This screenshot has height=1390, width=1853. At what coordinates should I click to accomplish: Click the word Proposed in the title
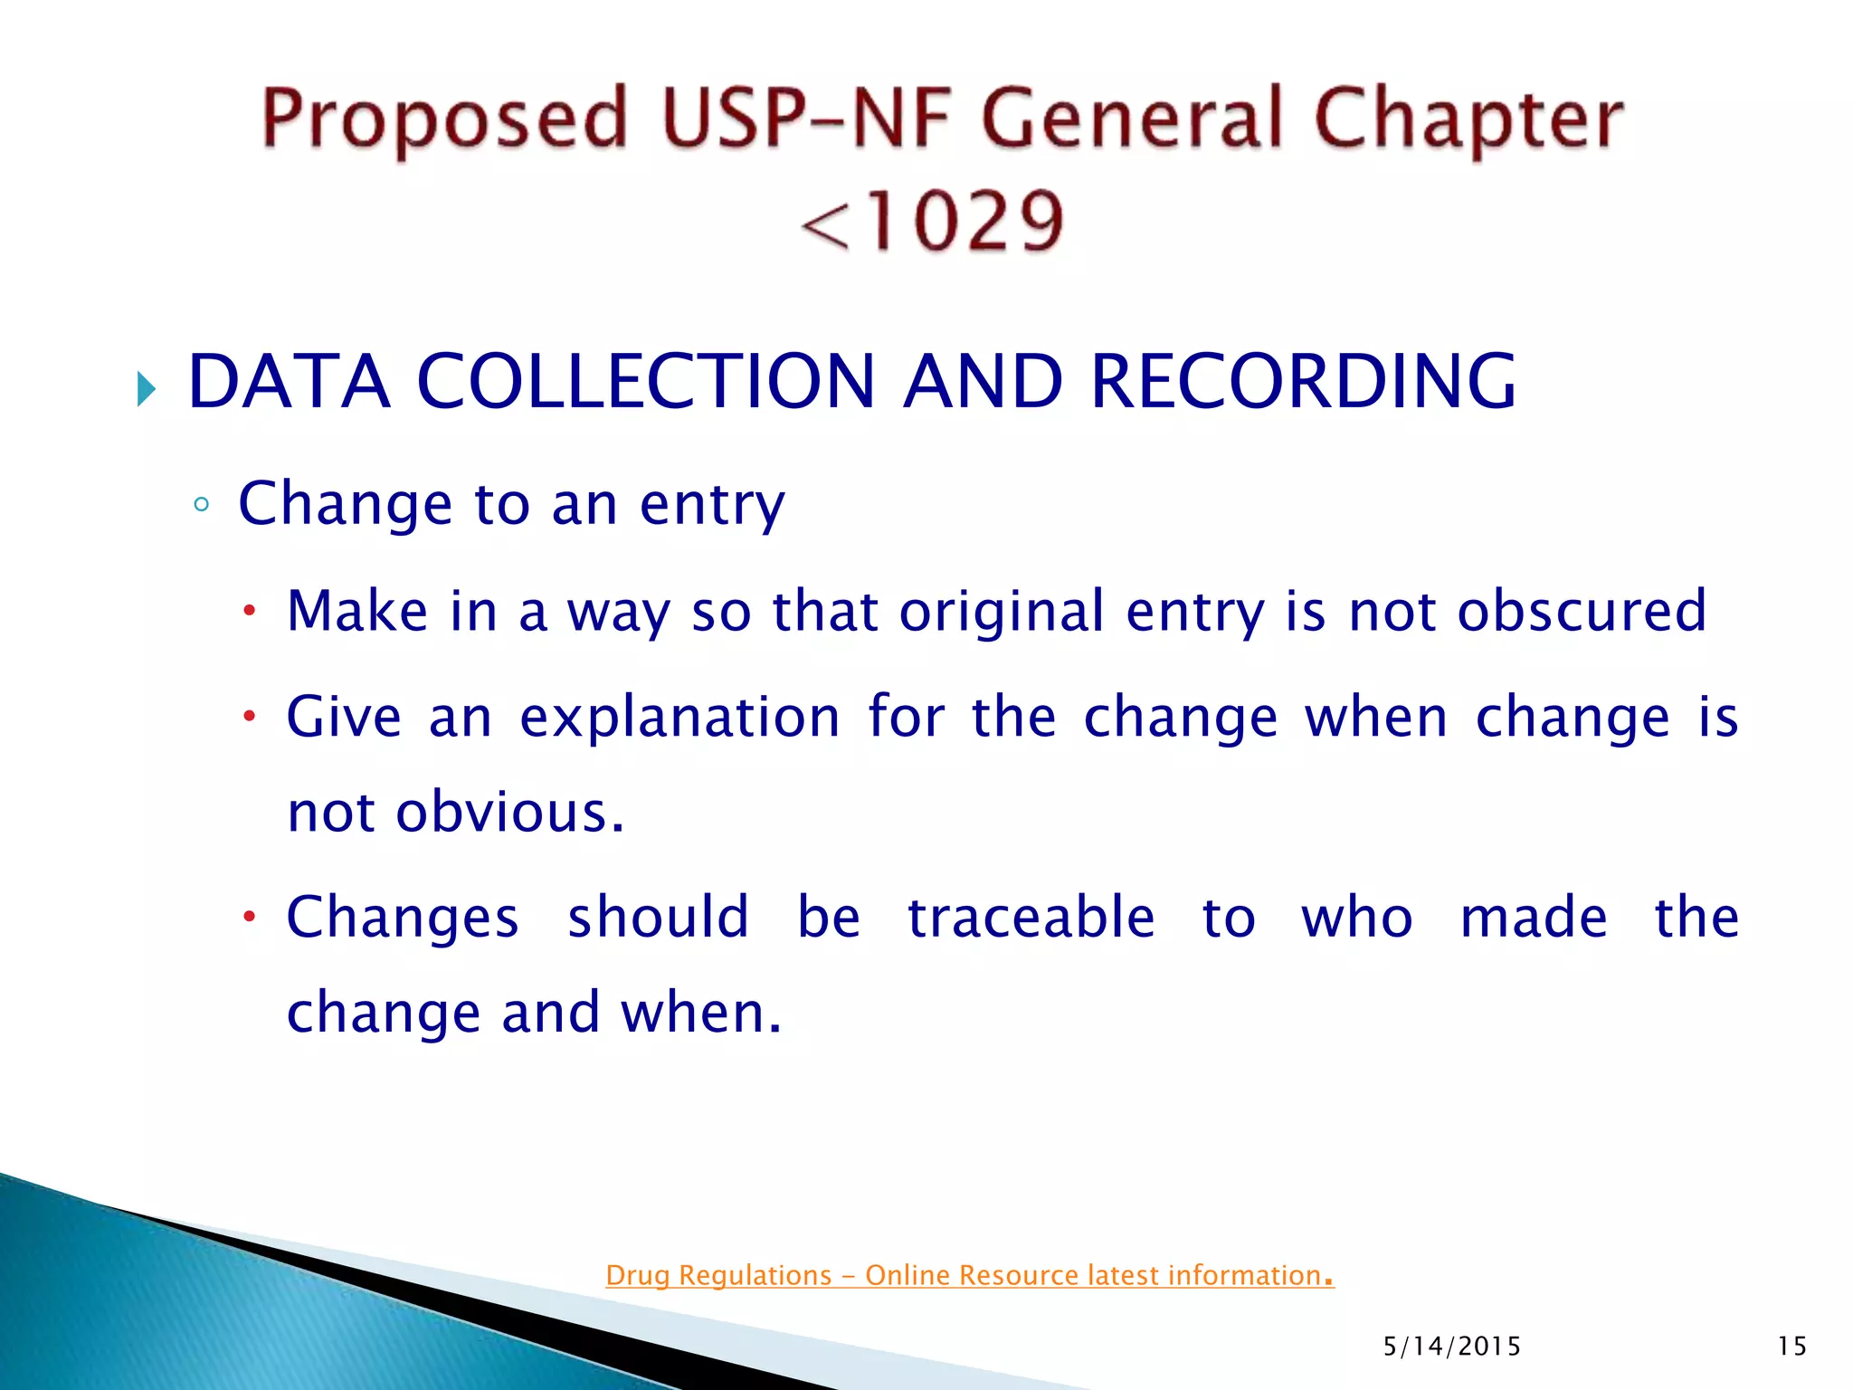(443, 120)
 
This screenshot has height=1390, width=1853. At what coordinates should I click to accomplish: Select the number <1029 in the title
(932, 221)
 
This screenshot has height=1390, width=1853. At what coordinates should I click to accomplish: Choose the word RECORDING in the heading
(1303, 381)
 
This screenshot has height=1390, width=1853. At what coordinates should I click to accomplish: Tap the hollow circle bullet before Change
(201, 504)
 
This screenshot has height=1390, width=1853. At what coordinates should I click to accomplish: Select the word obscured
(1582, 611)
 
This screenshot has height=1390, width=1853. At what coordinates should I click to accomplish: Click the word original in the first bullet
(1002, 611)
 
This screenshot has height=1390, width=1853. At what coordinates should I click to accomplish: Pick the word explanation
(679, 718)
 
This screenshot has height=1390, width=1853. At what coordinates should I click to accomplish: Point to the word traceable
(1031, 918)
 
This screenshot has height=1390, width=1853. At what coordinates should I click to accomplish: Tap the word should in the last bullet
(658, 918)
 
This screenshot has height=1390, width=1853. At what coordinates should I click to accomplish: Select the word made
(1534, 918)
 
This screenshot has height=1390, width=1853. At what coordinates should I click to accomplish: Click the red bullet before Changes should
(249, 918)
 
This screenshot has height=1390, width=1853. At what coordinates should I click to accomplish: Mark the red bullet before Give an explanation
(249, 718)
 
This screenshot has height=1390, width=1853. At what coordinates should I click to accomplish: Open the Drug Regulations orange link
(969, 1275)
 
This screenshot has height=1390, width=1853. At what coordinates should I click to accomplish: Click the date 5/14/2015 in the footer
(1451, 1347)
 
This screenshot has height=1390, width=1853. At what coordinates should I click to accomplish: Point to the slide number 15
(1791, 1347)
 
